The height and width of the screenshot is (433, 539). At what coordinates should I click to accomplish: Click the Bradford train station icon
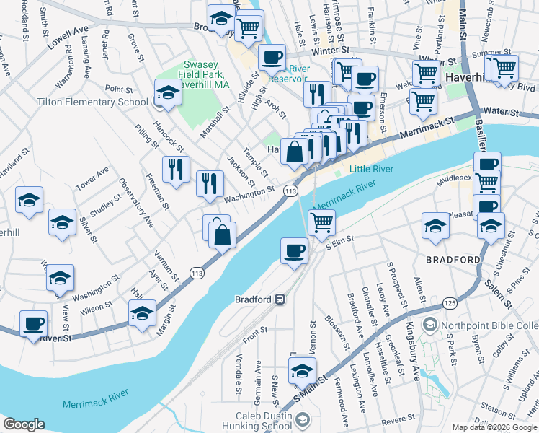click(x=280, y=299)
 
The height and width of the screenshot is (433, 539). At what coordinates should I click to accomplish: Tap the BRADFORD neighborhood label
click(x=453, y=260)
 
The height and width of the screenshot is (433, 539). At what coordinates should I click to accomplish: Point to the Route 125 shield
click(x=450, y=302)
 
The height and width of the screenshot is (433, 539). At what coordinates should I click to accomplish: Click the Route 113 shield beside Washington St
click(x=290, y=191)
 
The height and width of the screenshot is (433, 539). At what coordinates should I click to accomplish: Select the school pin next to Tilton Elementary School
click(x=168, y=92)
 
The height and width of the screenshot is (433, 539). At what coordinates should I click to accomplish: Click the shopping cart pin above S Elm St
click(x=321, y=222)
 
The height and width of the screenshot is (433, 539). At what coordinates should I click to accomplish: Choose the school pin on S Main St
click(x=302, y=371)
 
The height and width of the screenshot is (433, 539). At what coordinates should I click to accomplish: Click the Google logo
click(x=24, y=424)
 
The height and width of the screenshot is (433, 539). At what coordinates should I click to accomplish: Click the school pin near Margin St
click(x=142, y=313)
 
